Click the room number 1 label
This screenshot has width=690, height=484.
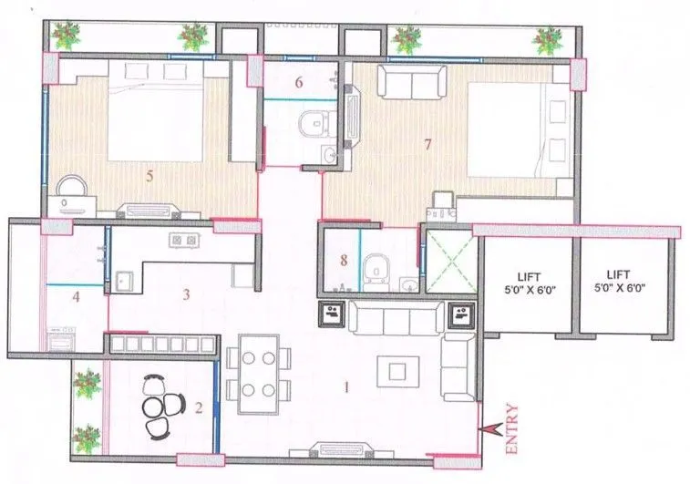pos(345,387)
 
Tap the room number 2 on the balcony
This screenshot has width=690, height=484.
pos(198,408)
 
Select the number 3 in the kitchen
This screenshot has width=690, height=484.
pos(186,294)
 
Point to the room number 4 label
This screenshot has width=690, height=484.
pos(77,296)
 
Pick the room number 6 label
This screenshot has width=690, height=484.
pos(298,83)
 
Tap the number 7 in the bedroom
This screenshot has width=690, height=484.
pos(427,144)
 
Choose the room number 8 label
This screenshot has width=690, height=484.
pos(344,261)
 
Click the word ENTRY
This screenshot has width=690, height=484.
pos(511,429)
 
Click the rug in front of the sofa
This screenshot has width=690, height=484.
pos(397,370)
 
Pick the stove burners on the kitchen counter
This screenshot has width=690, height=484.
pos(185,241)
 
